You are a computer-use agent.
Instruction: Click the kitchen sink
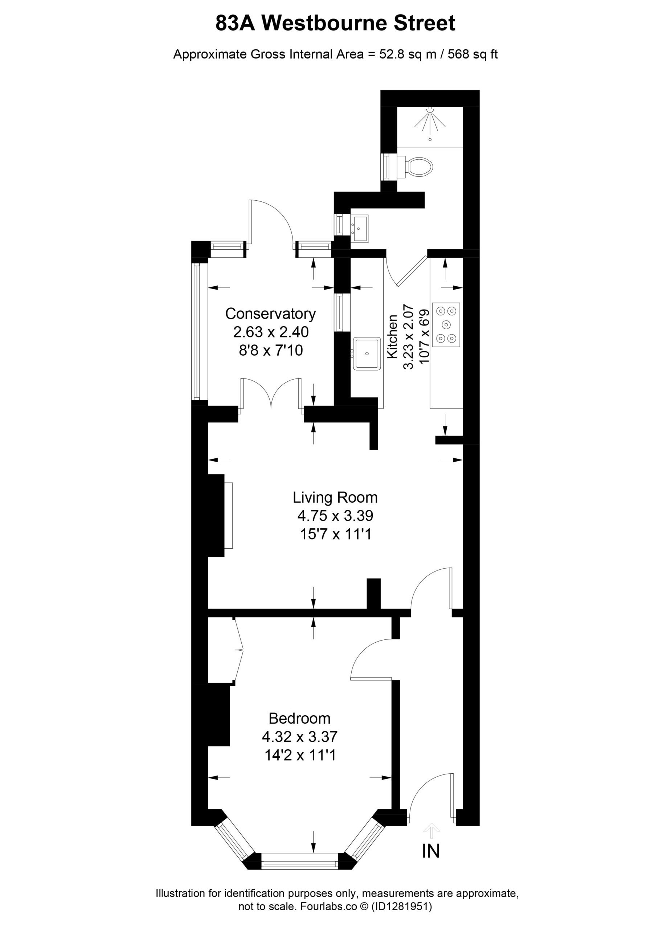pyautogui.click(x=367, y=353)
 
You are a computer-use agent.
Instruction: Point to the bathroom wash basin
pyautogui.click(x=359, y=229)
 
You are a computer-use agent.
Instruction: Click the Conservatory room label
pyautogui.click(x=270, y=314)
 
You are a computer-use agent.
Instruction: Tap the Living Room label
pyautogui.click(x=335, y=498)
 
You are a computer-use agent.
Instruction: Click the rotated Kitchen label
pyautogui.click(x=392, y=337)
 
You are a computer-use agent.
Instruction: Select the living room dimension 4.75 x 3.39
pyautogui.click(x=335, y=516)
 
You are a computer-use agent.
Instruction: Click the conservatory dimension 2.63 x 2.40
pyautogui.click(x=271, y=332)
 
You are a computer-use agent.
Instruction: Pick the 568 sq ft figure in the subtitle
pyautogui.click(x=472, y=54)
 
